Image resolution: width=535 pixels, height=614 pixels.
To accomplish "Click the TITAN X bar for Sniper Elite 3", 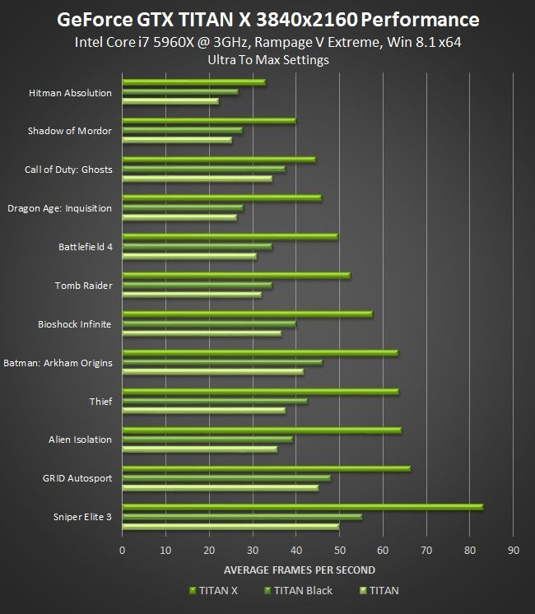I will (x=302, y=507).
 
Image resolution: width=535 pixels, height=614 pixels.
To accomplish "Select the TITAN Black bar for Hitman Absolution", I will (x=180, y=91).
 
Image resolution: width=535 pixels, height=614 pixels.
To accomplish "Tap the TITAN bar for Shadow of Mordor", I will (x=177, y=140).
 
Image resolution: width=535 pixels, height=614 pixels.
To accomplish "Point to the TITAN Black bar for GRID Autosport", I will (x=226, y=477).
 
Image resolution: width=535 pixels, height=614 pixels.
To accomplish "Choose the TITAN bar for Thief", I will (x=203, y=410).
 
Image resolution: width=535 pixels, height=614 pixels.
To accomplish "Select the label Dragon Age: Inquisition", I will (x=59, y=208).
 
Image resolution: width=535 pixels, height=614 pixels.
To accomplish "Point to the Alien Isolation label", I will (x=80, y=440).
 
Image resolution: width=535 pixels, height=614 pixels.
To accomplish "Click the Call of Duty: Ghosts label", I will (x=68, y=170).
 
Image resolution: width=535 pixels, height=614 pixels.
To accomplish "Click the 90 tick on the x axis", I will (x=513, y=550).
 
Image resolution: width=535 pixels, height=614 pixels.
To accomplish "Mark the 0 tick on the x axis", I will (x=123, y=550).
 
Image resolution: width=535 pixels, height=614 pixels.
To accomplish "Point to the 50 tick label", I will (x=339, y=550).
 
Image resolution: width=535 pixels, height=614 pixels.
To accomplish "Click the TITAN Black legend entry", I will (x=302, y=590).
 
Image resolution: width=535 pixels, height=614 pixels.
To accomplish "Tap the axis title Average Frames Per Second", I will (x=300, y=570).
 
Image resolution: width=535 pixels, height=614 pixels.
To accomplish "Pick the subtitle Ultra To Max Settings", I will (x=267, y=60).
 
